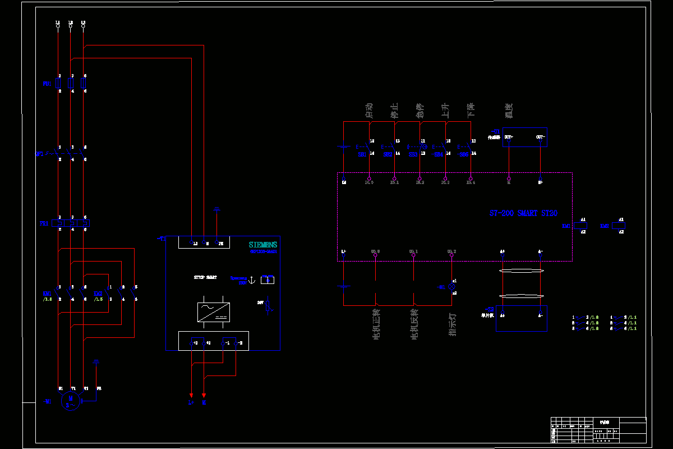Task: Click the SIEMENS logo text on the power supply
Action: click(263, 245)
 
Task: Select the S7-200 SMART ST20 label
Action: click(523, 214)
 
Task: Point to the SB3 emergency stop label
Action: click(413, 154)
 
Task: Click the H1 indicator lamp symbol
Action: click(451, 286)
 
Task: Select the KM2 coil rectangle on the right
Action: click(618, 226)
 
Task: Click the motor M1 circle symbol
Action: click(71, 402)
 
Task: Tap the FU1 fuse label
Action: click(47, 84)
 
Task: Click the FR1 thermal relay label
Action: click(45, 223)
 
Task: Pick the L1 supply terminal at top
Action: click(58, 26)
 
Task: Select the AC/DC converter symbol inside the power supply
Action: click(213, 312)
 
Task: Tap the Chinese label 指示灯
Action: click(452, 324)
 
